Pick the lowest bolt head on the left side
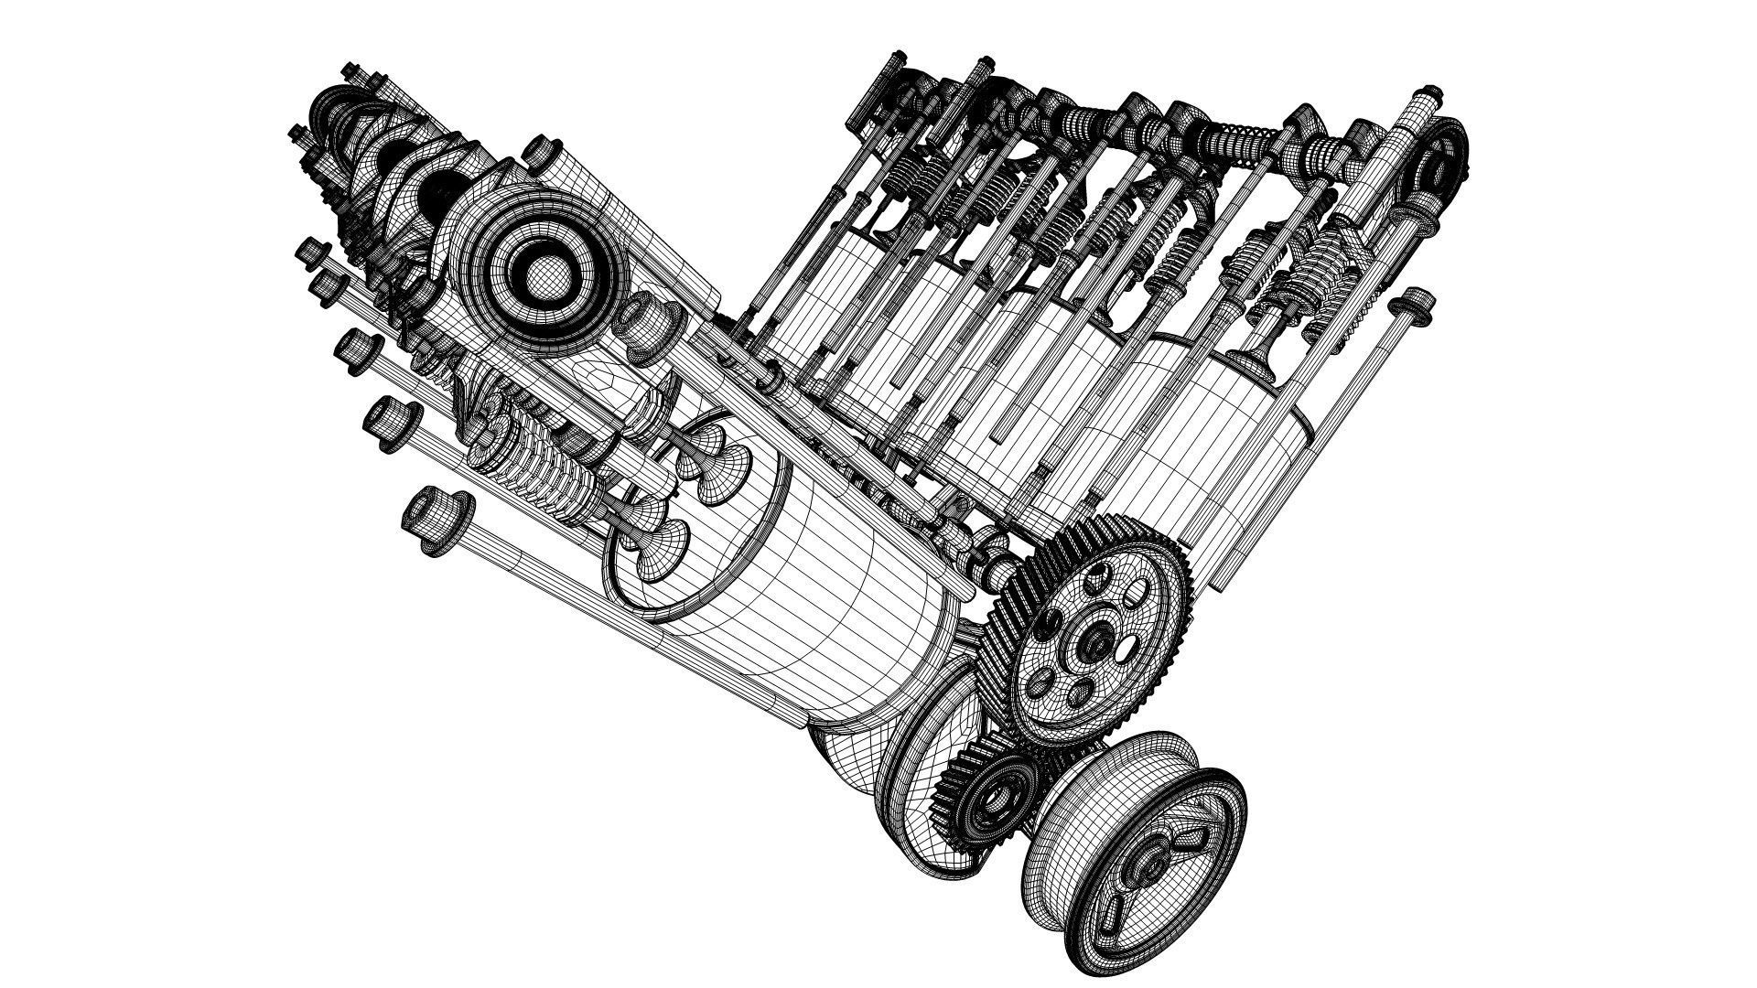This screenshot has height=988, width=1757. [437, 519]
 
